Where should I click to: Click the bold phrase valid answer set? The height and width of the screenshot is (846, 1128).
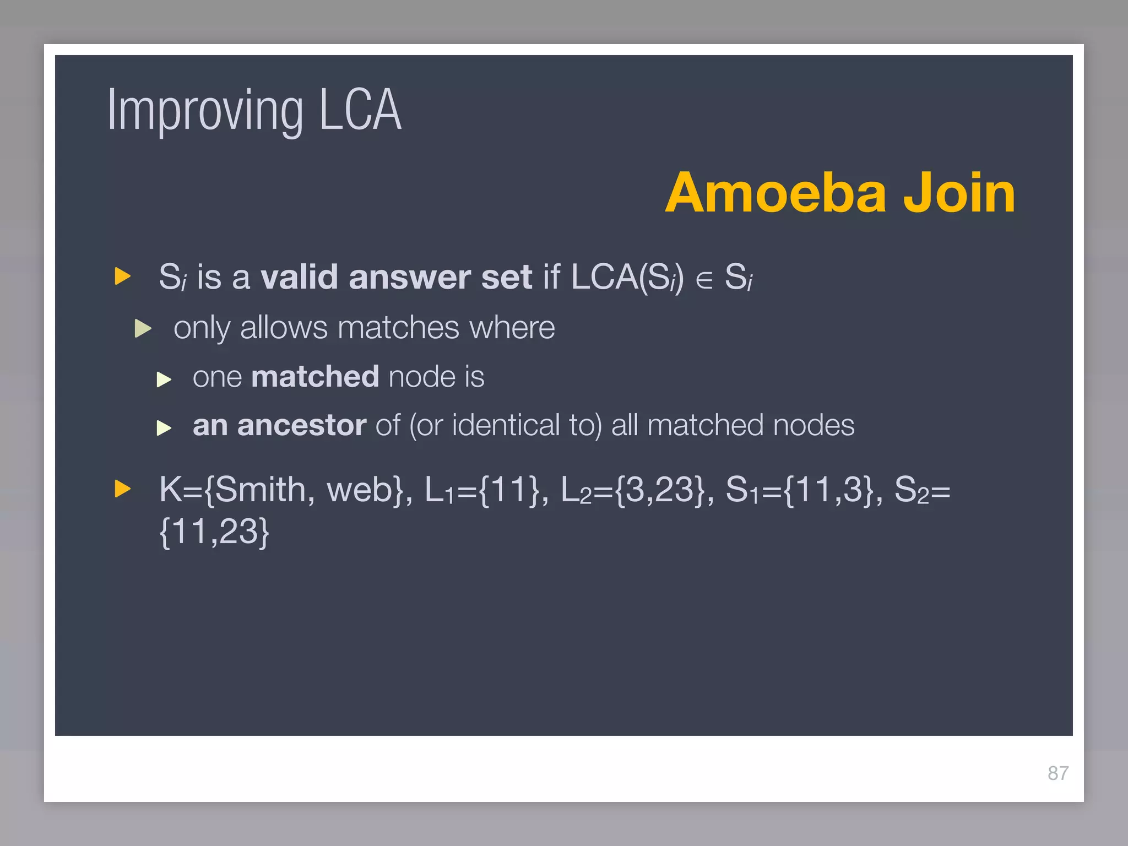(396, 276)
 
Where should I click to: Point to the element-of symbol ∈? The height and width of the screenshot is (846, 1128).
(703, 279)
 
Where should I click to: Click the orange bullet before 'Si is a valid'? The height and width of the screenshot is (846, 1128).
(122, 276)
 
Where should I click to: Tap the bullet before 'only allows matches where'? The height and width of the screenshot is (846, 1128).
(143, 328)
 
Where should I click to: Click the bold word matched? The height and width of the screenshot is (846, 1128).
(314, 377)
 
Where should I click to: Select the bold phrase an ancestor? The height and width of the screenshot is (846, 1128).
(279, 425)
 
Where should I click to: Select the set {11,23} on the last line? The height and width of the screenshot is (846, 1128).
(214, 532)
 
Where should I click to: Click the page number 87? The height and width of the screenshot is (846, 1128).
(1057, 773)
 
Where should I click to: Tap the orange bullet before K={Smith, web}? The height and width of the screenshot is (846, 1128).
(122, 489)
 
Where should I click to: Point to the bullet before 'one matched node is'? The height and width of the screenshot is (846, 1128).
(164, 379)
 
